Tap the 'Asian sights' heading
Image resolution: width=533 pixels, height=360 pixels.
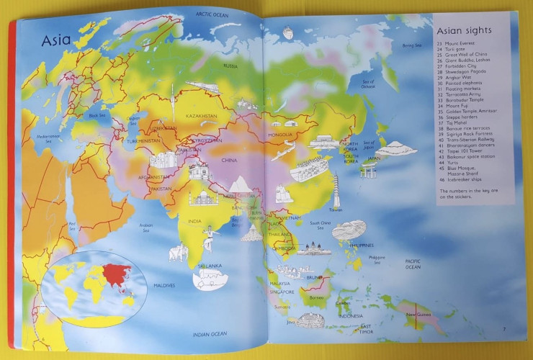tap(465, 30)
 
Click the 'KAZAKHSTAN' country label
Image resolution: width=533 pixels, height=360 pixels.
tap(202, 115)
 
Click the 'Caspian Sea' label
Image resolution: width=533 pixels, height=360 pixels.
tap(133, 120)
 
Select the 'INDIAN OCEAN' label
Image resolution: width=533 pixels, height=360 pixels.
tap(209, 333)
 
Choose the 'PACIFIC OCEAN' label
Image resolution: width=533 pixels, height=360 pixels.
tap(412, 264)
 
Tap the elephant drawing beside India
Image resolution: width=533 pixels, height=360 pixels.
tap(178, 253)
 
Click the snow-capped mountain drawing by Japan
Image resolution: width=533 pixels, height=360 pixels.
tap(395, 148)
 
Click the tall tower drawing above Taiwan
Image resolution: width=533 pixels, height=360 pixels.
tap(336, 187)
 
